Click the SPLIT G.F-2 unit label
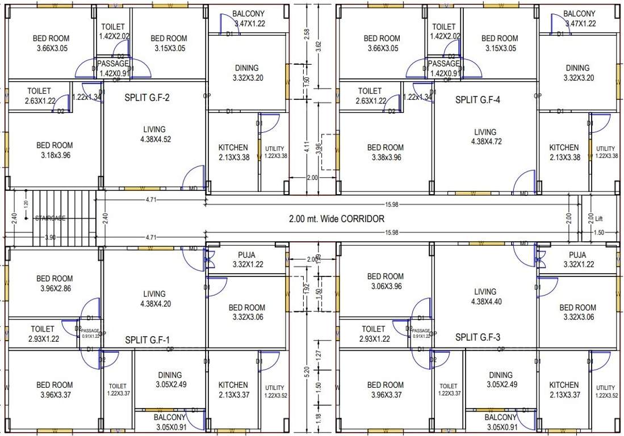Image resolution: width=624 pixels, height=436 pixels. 147,98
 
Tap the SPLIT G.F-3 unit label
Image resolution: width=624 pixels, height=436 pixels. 478,337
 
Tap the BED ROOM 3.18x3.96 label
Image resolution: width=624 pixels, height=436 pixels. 55,150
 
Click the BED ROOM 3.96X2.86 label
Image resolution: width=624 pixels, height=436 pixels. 55,283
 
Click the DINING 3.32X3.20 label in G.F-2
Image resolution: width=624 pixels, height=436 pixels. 246,73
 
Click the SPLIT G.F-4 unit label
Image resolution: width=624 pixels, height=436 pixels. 478,100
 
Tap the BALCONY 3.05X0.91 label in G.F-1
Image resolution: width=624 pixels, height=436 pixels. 170,421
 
